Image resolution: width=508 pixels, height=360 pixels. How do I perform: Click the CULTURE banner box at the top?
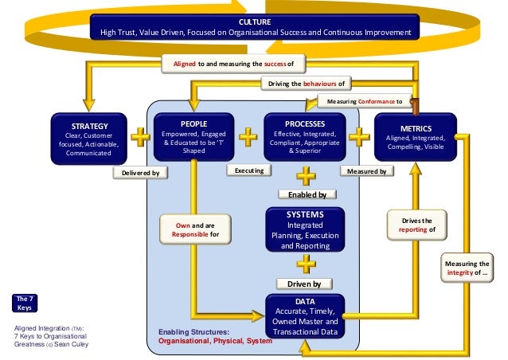pyautogui.click(x=255, y=27)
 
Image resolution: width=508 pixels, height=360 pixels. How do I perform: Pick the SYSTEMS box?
pyautogui.click(x=305, y=231)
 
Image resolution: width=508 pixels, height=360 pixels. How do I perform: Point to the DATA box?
pyautogui.click(x=306, y=315)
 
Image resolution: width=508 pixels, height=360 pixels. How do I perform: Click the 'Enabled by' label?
pyautogui.click(x=306, y=194)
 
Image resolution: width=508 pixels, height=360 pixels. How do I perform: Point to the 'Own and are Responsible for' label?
pyautogui.click(x=191, y=231)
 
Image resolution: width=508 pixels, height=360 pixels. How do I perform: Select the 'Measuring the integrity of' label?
pyautogui.click(x=468, y=268)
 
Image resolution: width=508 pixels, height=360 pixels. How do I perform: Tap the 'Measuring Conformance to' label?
pyautogui.click(x=364, y=101)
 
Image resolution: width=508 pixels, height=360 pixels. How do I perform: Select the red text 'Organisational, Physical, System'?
pyautogui.click(x=215, y=341)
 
